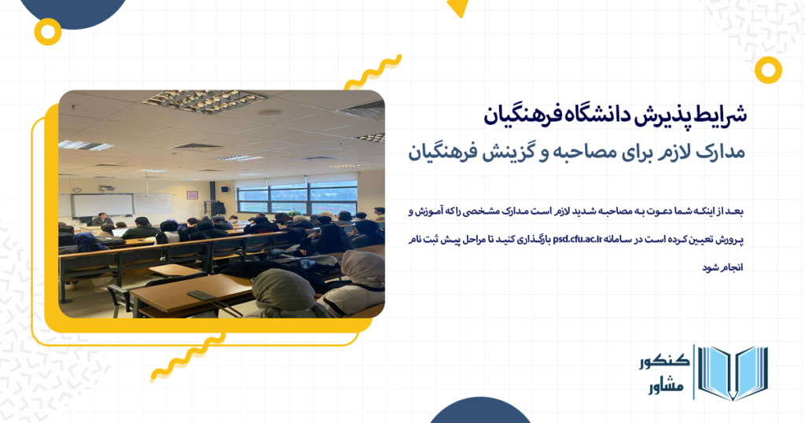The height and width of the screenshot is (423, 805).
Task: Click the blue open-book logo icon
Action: (x=733, y=373)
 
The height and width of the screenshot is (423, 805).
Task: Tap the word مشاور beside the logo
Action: (x=663, y=387)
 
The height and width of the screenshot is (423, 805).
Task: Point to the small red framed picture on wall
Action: (x=192, y=194)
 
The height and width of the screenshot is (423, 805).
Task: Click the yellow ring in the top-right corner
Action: (x=767, y=70)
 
